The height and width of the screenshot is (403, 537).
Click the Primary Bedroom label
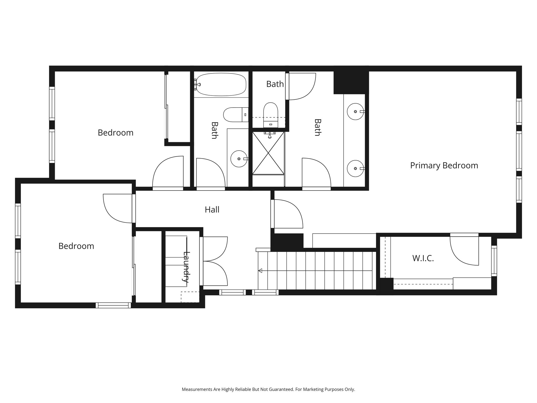pyautogui.click(x=444, y=166)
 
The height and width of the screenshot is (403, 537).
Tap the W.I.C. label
pyautogui.click(x=423, y=258)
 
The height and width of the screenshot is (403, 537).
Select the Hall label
pyautogui.click(x=212, y=210)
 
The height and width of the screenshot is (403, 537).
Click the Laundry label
pyautogui.click(x=186, y=267)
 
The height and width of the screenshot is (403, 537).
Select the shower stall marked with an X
pyautogui.click(x=268, y=153)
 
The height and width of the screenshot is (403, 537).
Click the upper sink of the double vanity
pyautogui.click(x=355, y=112)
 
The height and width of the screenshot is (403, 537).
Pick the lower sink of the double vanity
pyautogui.click(x=355, y=168)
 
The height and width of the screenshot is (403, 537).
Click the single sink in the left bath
pyautogui.click(x=239, y=159)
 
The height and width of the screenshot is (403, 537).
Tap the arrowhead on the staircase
pyautogui.click(x=260, y=271)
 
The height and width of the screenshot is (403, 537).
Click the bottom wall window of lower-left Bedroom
pyautogui.click(x=113, y=305)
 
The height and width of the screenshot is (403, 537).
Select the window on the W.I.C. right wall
pyautogui.click(x=494, y=261)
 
